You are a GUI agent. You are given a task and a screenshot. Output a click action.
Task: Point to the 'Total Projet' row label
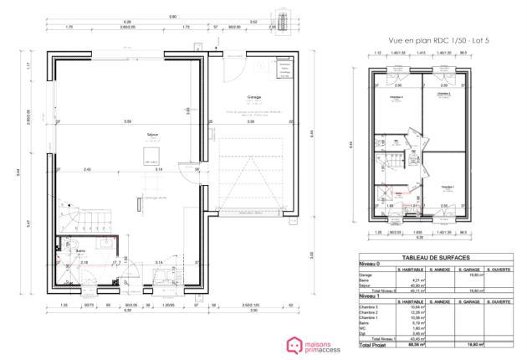click(374, 343)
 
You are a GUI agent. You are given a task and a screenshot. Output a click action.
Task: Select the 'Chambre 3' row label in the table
click(370, 308)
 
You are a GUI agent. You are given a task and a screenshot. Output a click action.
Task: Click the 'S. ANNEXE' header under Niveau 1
click(442, 301)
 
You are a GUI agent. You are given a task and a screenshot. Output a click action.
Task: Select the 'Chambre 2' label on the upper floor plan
click(443, 94)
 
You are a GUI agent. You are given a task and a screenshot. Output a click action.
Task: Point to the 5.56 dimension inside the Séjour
click(127, 122)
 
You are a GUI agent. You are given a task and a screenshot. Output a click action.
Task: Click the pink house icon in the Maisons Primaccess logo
click(294, 344)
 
